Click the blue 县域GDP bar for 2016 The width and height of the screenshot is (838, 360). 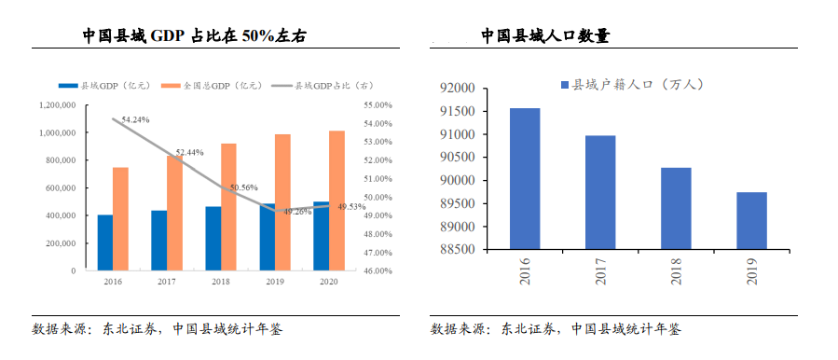105,242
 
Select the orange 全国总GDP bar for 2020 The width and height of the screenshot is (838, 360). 337,201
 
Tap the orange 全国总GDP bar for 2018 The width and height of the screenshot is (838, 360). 228,207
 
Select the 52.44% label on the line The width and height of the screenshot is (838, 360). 189,152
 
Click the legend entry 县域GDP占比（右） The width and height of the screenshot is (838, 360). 318,85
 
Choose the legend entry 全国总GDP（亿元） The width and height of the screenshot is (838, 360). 211,85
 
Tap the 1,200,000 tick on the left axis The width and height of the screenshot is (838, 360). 58,105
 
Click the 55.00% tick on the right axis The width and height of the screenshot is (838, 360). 378,105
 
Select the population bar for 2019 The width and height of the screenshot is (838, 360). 751,221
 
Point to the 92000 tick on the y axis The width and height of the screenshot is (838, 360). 457,89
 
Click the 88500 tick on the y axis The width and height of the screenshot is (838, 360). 457,250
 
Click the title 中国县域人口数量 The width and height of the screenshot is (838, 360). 545,36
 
